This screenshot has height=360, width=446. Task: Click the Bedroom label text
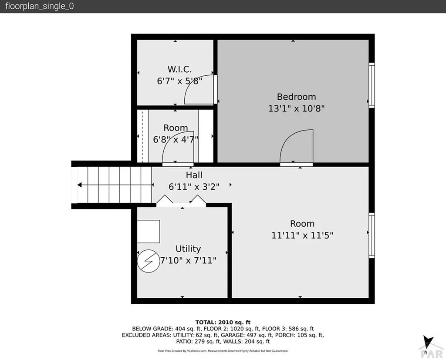(x=296, y=97)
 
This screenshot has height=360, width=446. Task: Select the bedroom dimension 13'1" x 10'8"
(x=296, y=108)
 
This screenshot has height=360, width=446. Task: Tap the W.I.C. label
(x=179, y=69)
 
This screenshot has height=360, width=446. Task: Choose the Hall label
(x=194, y=175)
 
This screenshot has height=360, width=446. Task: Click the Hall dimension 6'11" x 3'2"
(x=194, y=186)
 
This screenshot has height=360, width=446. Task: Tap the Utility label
(x=188, y=249)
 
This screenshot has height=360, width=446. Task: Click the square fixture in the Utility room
(x=149, y=231)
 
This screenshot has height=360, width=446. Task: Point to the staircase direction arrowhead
(x=80, y=185)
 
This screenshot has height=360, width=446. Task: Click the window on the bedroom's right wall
(x=372, y=85)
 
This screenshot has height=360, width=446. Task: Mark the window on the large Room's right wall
(x=372, y=235)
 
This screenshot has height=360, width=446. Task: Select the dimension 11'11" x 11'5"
(x=302, y=236)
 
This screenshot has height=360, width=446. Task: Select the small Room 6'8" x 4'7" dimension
(x=176, y=140)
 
